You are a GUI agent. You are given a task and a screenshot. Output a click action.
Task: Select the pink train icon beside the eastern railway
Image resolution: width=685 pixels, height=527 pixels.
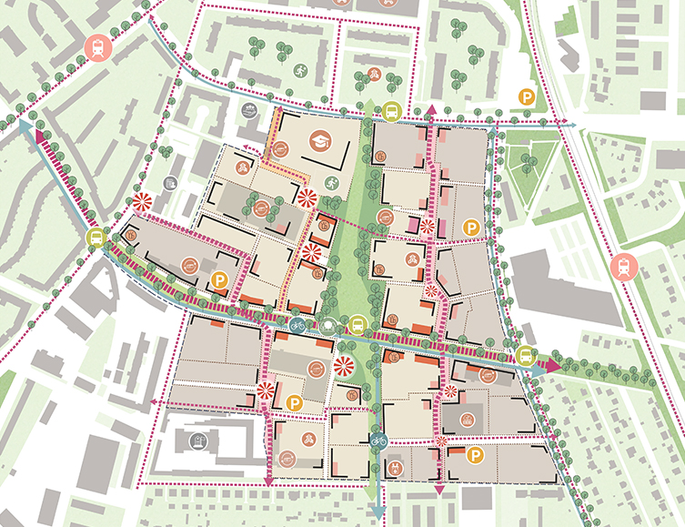click(626, 268)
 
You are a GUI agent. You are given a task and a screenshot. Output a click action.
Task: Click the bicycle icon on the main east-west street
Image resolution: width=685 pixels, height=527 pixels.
click(297, 324)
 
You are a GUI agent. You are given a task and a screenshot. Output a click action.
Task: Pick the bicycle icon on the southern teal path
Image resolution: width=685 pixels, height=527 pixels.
click(379, 441)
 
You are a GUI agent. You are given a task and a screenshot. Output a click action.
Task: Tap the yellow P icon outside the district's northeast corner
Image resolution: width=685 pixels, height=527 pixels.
click(526, 96)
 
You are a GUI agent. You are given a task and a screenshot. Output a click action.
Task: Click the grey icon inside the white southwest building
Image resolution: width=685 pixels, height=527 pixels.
click(196, 441)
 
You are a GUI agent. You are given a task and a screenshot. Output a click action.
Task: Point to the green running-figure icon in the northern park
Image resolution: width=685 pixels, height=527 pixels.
click(299, 69)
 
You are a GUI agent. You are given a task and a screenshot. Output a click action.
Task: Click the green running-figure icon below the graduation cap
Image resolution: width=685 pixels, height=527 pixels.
click(329, 183)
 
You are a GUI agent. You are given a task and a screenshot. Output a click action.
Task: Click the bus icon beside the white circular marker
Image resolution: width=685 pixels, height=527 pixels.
click(358, 324)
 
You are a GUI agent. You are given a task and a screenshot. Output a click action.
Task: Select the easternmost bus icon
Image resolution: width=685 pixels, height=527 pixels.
click(525, 355)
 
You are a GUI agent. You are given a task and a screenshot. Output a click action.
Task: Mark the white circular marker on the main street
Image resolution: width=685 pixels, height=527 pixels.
click(328, 325)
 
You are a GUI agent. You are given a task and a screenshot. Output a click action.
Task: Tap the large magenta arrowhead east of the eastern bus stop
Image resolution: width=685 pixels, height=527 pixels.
click(552, 361)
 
